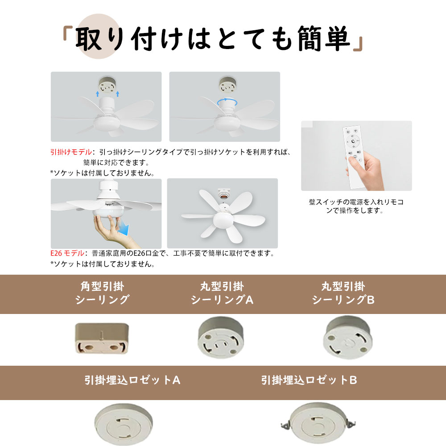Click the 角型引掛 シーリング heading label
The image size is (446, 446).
102,293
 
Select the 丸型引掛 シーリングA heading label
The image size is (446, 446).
222,293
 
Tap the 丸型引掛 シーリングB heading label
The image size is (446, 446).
343,293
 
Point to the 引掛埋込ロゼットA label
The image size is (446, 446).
132,380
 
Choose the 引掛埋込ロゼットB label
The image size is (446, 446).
309,380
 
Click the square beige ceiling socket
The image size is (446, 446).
102,338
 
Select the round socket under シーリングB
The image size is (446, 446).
347,338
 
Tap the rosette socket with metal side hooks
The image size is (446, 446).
318,424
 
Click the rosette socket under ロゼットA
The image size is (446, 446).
124,425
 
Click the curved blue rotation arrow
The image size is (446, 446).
227,102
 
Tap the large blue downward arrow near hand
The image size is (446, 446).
124,227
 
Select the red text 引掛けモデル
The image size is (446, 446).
71,152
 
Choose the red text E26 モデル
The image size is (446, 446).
67,253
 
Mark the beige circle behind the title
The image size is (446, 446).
99,36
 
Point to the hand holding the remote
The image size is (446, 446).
366,171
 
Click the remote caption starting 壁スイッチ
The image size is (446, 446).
356,206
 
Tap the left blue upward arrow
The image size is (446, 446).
98,94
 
